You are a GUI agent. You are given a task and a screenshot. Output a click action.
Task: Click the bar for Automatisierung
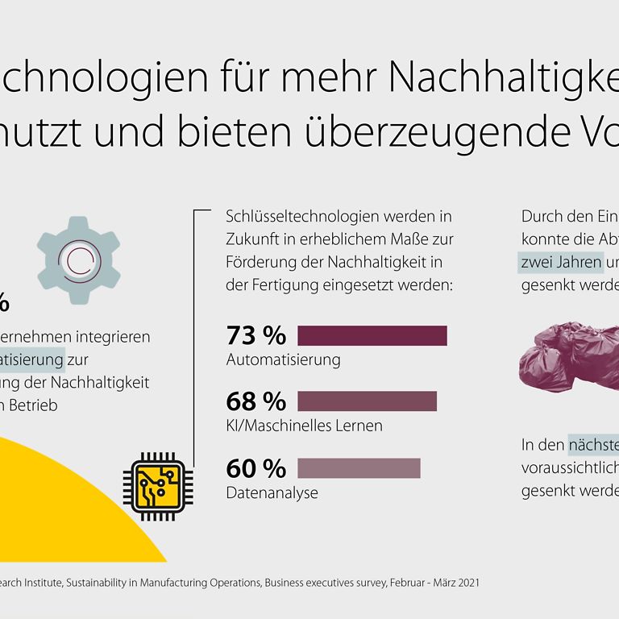372,335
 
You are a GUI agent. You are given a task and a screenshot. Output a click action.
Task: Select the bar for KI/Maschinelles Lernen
367,401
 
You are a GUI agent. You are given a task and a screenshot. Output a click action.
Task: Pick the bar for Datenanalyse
359,467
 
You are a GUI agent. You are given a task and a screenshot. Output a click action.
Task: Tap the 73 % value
256,335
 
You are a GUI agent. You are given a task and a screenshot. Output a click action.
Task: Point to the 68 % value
256,401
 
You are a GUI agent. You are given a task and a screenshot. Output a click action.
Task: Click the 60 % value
256,467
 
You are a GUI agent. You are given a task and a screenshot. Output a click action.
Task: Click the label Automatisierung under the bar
283,359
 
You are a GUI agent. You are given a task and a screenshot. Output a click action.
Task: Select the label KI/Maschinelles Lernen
304,425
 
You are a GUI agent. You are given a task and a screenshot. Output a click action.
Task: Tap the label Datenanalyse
272,492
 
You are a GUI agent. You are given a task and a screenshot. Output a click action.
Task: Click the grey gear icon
78,260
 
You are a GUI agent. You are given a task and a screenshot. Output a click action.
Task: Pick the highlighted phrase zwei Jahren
560,262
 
